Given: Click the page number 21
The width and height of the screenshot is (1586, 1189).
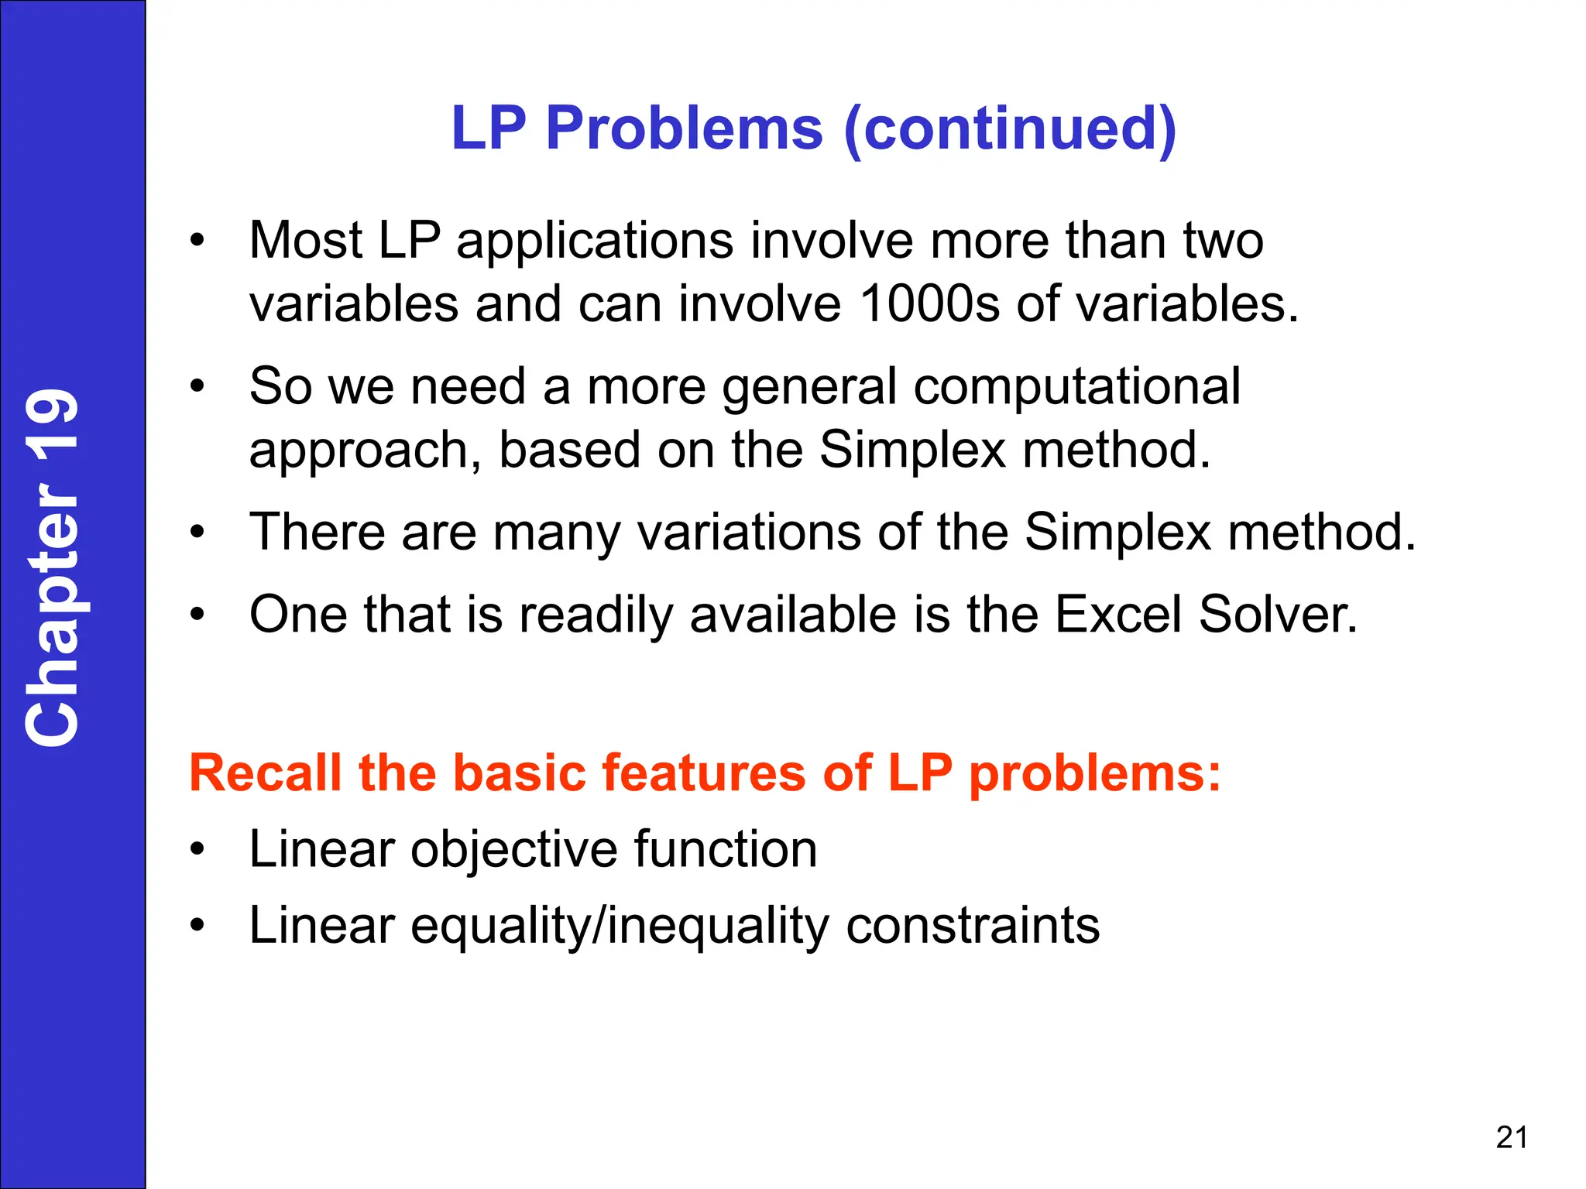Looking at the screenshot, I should (1512, 1137).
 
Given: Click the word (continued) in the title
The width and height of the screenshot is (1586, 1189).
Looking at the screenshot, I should (1010, 128).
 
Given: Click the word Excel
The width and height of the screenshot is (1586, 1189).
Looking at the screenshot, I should (1117, 615).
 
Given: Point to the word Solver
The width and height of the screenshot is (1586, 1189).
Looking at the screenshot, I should (1278, 615).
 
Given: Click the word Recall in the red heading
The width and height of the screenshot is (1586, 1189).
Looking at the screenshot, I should (265, 773).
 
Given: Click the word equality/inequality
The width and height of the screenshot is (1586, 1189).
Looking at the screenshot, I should (620, 926).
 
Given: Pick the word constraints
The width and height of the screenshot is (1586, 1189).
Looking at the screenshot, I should (973, 926).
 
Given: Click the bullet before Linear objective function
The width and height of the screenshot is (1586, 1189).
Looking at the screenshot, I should (198, 850).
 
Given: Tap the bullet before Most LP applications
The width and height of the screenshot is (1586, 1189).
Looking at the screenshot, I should (198, 241).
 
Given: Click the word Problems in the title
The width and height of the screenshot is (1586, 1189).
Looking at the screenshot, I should (684, 128).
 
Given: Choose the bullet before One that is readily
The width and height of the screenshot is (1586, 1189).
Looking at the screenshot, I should (198, 615).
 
